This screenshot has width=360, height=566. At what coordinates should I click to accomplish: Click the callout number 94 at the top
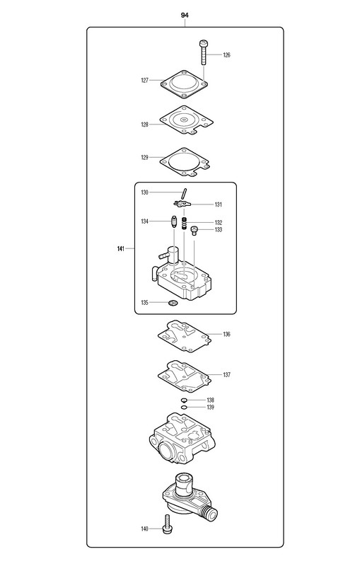point(185,15)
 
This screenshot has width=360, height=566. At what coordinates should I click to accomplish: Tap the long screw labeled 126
point(203,52)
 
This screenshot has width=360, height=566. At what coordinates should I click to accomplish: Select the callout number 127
point(145,81)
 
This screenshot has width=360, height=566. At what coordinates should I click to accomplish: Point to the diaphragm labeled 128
point(186,121)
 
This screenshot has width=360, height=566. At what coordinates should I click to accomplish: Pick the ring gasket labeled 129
point(185,162)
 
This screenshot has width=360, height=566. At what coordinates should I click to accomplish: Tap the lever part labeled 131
point(182,204)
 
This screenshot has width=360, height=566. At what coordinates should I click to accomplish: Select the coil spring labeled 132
point(185,224)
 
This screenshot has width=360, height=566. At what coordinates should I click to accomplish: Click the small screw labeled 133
point(194,231)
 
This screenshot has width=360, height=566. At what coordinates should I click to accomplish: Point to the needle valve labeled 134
point(173,221)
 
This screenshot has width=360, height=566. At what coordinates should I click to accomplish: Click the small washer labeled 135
point(173,303)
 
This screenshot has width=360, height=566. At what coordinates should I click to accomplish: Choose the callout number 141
point(121,248)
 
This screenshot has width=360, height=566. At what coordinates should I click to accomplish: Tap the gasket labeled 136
point(184,336)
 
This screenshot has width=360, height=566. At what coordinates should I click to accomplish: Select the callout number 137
point(226,375)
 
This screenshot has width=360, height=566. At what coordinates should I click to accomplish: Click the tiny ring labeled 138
point(184,400)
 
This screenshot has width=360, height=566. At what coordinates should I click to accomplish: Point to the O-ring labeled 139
point(184,408)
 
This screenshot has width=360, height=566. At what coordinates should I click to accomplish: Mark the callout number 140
point(145,529)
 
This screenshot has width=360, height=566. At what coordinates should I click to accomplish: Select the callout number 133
point(219,229)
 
